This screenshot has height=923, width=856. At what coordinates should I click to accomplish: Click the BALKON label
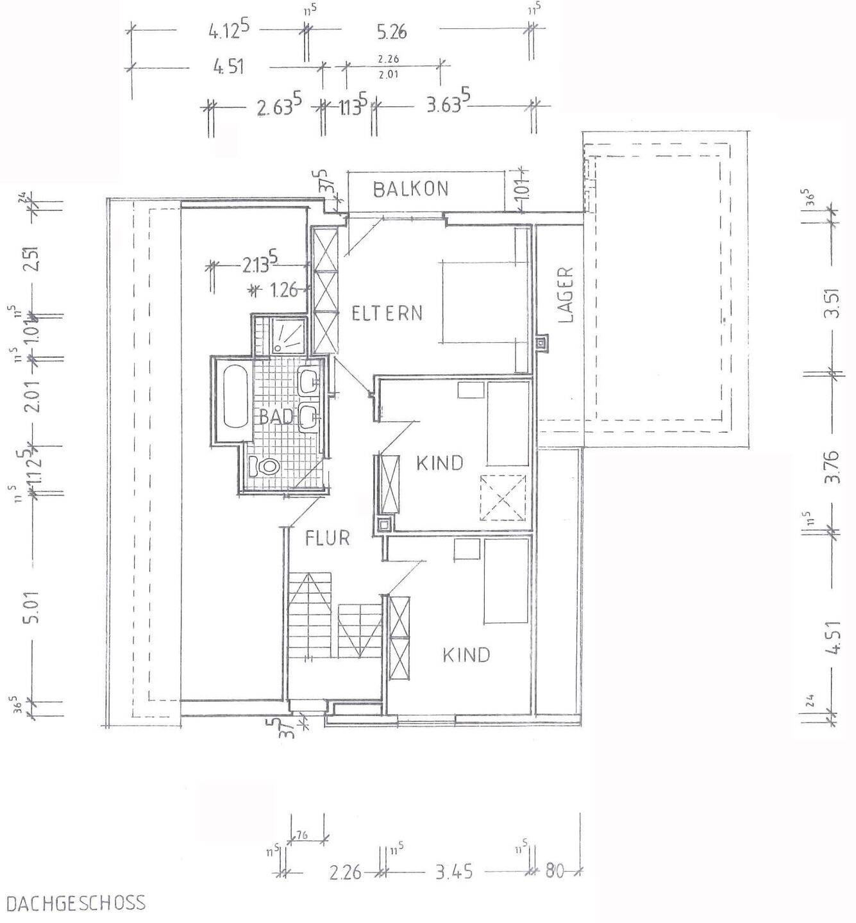410,189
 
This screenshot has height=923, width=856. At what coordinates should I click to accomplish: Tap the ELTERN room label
387,313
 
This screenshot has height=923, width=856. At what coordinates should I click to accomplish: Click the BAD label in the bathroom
276,417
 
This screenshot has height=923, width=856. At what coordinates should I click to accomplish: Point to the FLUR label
328,538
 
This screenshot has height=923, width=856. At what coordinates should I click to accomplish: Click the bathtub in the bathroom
235,396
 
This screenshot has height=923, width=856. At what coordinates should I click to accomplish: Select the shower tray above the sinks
290,335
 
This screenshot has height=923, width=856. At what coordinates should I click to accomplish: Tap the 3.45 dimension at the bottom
454,872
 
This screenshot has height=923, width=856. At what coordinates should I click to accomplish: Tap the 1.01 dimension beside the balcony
523,191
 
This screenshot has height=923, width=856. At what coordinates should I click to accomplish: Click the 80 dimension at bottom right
555,872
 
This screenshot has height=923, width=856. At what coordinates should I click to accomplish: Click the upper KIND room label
439,463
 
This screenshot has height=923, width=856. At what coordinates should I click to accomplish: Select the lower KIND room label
466,654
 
